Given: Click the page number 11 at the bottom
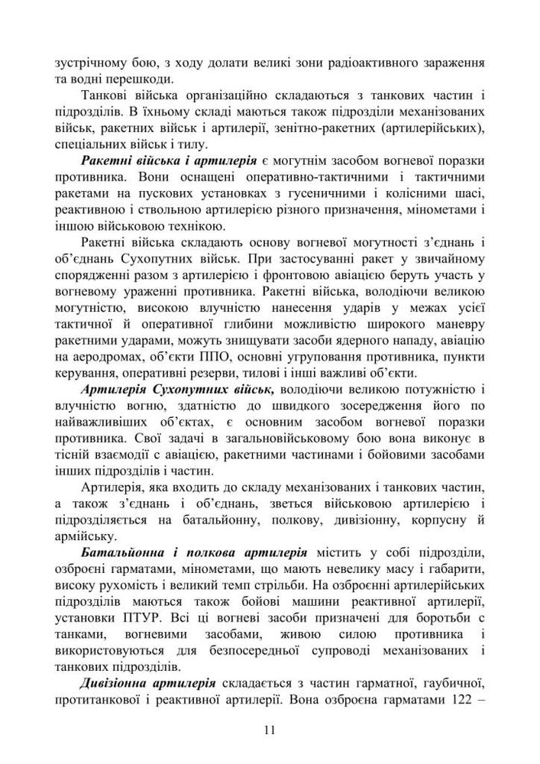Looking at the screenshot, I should click(x=270, y=730).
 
